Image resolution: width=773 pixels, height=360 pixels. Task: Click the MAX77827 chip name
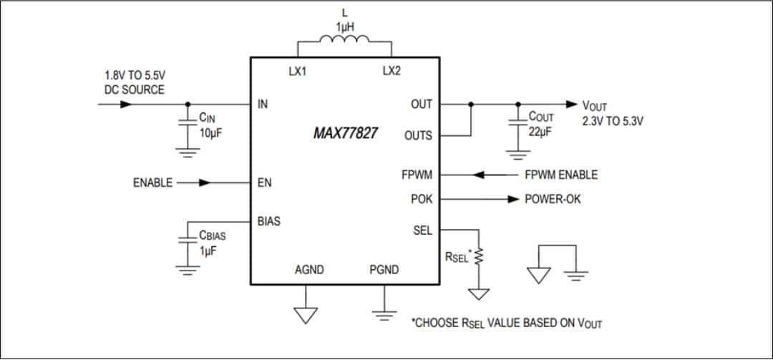[x=346, y=133]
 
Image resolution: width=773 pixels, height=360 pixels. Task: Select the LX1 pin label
[x=298, y=72]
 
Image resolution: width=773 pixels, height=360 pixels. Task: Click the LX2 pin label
[x=392, y=72]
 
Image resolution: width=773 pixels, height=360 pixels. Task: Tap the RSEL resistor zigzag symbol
[x=480, y=255]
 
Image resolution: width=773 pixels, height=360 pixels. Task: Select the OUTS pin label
[x=418, y=135]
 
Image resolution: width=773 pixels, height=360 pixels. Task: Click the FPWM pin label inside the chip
[x=417, y=175]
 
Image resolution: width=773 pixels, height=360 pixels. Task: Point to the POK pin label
[x=421, y=199]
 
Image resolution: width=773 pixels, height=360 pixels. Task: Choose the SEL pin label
[x=422, y=230]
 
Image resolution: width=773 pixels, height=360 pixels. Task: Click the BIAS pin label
[x=269, y=221]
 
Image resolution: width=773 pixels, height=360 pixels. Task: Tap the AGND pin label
[x=309, y=270]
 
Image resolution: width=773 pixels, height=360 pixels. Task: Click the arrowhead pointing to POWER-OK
[x=512, y=199]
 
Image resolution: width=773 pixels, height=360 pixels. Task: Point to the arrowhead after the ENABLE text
[x=205, y=183]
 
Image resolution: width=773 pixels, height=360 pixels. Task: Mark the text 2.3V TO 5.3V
[x=613, y=121]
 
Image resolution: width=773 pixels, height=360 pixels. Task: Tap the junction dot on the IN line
[x=188, y=104]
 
